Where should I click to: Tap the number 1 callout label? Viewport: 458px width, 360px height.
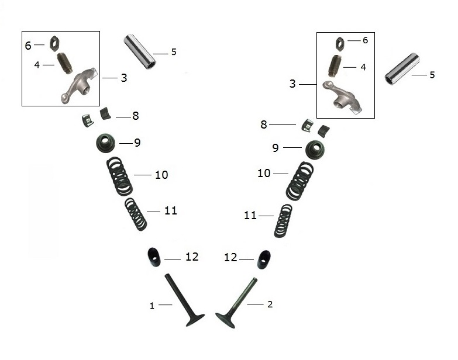click(152, 306)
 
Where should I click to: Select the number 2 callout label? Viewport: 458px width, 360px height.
click(270, 304)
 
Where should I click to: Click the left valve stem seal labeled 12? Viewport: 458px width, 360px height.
click(154, 257)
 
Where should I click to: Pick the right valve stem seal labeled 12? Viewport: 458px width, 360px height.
click(264, 259)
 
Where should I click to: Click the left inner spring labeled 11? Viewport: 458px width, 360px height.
click(136, 214)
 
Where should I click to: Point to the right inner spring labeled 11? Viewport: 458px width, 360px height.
click(283, 221)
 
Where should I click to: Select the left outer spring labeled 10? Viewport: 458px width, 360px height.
click(119, 176)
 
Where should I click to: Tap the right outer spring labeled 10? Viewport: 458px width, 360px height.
click(299, 181)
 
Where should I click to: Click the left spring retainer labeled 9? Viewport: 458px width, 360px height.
click(106, 143)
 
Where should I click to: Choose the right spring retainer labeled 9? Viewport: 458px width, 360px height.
click(315, 150)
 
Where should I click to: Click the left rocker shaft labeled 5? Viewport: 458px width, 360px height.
click(140, 52)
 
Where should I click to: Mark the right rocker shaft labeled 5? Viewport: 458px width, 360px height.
click(402, 69)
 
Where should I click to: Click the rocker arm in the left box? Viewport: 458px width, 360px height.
click(79, 85)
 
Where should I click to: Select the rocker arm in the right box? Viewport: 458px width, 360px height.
click(342, 98)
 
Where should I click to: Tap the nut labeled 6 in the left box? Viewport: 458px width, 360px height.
click(54, 43)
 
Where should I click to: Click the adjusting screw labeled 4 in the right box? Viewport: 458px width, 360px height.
click(334, 65)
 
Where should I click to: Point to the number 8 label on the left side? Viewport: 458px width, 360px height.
click(136, 116)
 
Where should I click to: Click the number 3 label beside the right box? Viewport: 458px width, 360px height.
click(292, 84)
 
